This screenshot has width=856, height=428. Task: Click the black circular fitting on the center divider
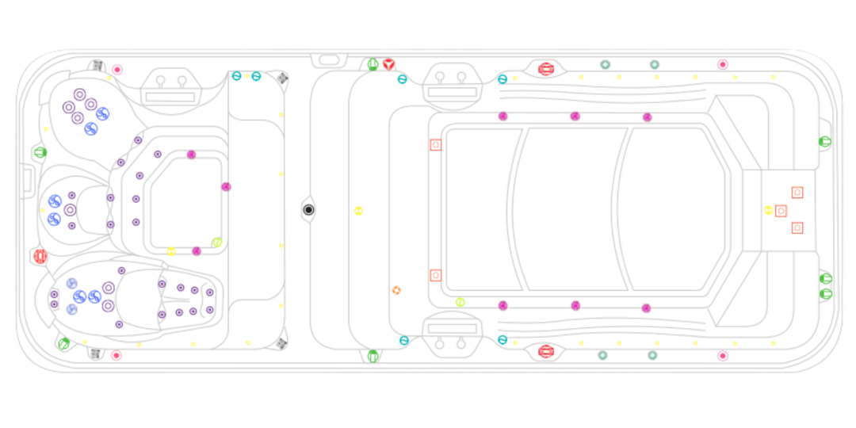coord(309,210)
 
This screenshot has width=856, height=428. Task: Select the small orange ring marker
coord(396,290)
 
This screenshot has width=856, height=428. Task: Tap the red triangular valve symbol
coord(388,64)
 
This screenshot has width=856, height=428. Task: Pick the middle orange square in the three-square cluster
coord(781,210)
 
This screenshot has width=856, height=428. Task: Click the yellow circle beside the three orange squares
coord(768,210)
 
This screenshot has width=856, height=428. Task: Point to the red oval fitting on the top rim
coord(545,69)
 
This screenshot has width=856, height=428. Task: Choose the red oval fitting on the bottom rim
coord(545,350)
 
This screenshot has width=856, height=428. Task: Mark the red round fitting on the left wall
coord(40,256)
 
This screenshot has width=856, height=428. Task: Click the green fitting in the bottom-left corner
coord(63,343)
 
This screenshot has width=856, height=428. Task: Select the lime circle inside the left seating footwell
coord(216,243)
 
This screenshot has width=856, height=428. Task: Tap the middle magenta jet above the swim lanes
coord(575,117)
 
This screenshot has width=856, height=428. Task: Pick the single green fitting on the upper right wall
coord(824,142)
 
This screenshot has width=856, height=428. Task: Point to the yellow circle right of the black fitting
coord(358,211)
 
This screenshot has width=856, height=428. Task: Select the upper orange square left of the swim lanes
coord(435,145)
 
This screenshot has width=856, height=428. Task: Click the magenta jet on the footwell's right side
coord(226,187)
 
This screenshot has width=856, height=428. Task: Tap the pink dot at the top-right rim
coord(722,64)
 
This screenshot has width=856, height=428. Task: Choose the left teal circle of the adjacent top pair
coord(236,76)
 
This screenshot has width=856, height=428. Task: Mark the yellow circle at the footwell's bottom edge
coord(170,251)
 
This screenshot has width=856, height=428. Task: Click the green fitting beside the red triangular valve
coord(373,64)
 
